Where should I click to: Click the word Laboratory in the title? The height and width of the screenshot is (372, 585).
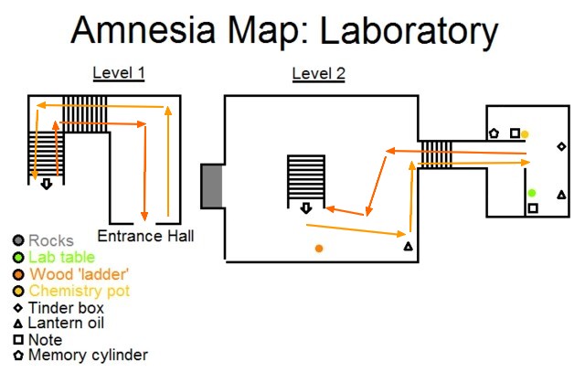point(397,32)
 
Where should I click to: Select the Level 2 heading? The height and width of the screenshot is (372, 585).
point(318,74)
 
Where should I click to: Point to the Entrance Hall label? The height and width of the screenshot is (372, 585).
point(146,236)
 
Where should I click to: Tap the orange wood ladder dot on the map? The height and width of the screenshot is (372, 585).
point(319,249)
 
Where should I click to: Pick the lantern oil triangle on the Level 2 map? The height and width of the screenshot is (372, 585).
point(408,247)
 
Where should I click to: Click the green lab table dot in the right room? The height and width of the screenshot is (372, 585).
point(532,193)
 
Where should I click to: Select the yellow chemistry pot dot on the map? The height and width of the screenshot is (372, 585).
point(525,134)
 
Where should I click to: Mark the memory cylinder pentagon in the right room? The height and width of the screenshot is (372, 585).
point(494,133)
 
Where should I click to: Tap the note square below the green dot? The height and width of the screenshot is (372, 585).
point(533,209)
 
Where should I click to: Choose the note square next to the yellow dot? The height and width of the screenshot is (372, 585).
point(515,133)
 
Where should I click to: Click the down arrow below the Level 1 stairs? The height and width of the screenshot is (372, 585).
point(46,183)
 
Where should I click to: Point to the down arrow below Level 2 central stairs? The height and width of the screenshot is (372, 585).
point(306,207)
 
